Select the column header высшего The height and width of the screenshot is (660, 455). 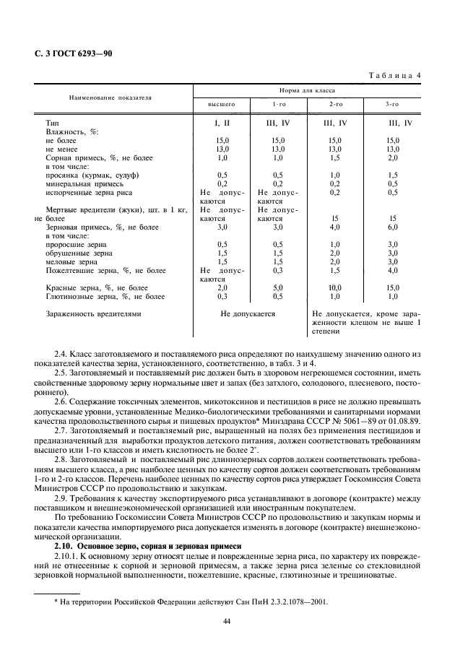(222, 105)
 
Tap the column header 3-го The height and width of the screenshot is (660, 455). (392, 105)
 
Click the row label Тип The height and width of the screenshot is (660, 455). (52, 123)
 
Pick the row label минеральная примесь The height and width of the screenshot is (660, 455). (81, 183)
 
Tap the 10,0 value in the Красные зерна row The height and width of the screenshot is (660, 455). (334, 287)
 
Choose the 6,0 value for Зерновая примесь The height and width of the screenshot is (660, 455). (392, 227)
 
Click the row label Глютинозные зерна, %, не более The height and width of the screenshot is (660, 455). (105, 296)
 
